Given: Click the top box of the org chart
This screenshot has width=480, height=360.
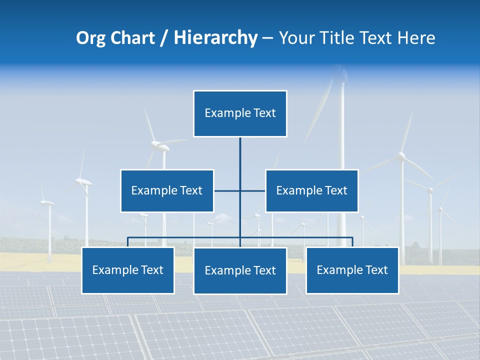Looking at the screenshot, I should (x=240, y=113).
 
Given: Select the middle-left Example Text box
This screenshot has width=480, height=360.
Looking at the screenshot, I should (x=167, y=190).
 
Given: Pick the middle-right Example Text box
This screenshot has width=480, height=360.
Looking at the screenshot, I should (x=311, y=190).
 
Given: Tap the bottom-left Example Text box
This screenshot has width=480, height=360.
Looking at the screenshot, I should (x=127, y=270).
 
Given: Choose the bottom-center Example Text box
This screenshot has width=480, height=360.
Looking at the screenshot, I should (x=240, y=270).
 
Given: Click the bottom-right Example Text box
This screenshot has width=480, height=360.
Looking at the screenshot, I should (x=352, y=270).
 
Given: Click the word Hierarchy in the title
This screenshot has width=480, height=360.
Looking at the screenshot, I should (x=215, y=38).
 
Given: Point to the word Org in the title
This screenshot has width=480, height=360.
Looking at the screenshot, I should (x=91, y=38).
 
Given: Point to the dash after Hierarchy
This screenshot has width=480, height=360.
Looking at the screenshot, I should (x=267, y=38).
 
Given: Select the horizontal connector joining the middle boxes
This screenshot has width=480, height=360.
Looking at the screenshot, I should (x=227, y=190).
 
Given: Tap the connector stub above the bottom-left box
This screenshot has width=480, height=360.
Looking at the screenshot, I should (x=128, y=242).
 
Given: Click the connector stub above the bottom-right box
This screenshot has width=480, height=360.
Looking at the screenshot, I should (x=352, y=242).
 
